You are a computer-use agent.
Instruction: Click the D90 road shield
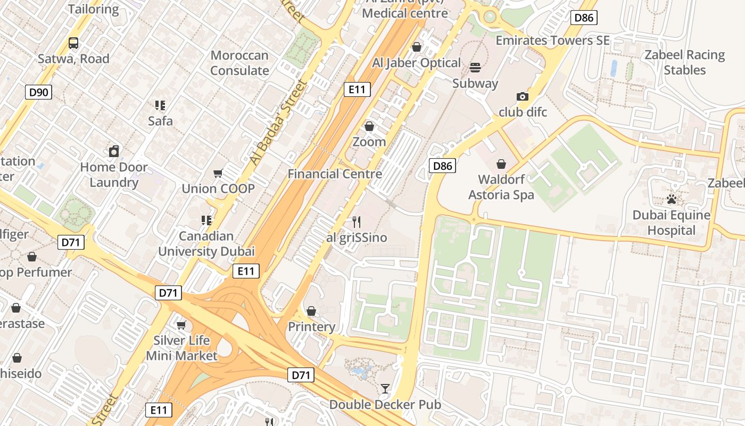38,92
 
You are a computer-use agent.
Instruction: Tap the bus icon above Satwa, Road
73,43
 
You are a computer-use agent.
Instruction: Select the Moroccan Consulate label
239,63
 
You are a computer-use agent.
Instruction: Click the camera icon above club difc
523,96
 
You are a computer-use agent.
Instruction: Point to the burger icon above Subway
475,68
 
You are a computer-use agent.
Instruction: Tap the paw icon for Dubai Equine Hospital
672,200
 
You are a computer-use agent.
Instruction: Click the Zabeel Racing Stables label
685,62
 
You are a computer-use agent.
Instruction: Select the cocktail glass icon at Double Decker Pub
385,389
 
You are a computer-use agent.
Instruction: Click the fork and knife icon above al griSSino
357,222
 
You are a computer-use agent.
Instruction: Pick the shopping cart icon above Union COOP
218,173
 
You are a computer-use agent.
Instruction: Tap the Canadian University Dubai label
206,244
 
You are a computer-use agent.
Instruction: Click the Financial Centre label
335,174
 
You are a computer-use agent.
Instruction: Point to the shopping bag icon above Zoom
369,126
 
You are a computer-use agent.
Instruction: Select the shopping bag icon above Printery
311,310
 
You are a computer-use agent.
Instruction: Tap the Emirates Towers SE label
552,40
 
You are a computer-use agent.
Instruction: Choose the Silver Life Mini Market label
182,348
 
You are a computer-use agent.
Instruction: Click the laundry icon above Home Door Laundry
113,152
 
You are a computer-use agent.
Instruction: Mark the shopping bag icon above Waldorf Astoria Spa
501,163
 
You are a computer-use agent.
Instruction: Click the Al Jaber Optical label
416,63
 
